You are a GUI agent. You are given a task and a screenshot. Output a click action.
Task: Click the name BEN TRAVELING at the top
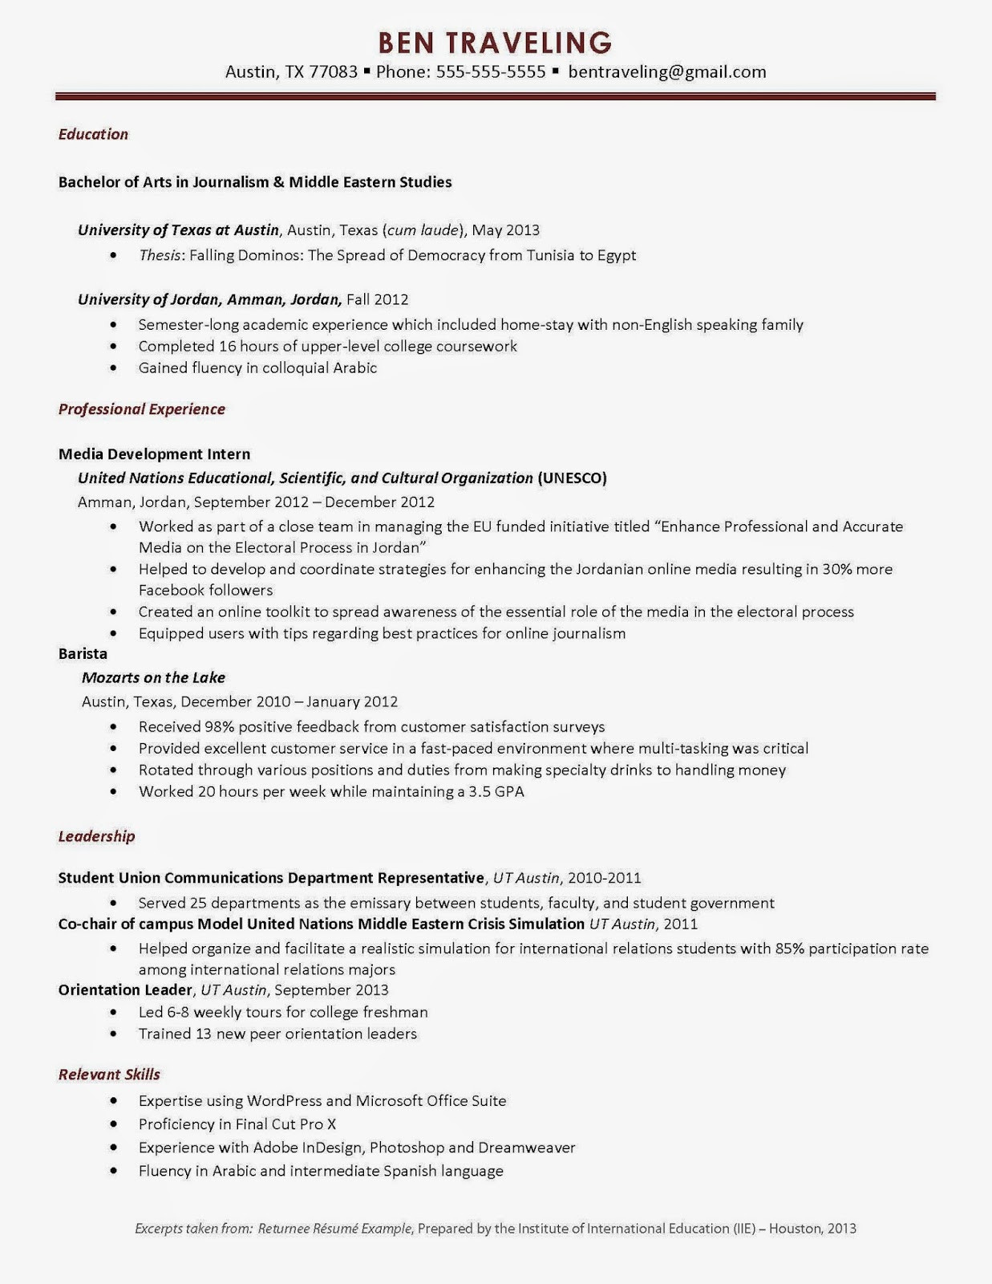[495, 42]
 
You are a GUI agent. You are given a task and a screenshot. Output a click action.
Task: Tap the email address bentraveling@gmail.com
[666, 72]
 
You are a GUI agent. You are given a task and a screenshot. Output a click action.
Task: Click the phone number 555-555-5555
[491, 72]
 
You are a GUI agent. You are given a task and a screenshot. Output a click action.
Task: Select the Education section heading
[93, 134]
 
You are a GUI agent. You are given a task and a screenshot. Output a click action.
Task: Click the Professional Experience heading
[141, 409]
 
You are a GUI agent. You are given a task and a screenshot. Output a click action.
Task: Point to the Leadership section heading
[96, 836]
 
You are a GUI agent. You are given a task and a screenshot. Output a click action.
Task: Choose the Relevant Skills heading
[109, 1075]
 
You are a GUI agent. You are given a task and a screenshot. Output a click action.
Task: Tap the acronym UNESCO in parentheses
[572, 478]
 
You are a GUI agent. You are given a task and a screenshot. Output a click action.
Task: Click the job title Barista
[83, 654]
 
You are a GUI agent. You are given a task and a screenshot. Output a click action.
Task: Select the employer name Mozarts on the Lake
[153, 678]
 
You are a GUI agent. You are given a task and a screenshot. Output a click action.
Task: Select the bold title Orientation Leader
[125, 990]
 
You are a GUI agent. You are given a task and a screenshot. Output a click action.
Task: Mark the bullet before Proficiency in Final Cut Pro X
[114, 1125]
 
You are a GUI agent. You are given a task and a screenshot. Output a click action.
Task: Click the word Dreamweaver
[527, 1148]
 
